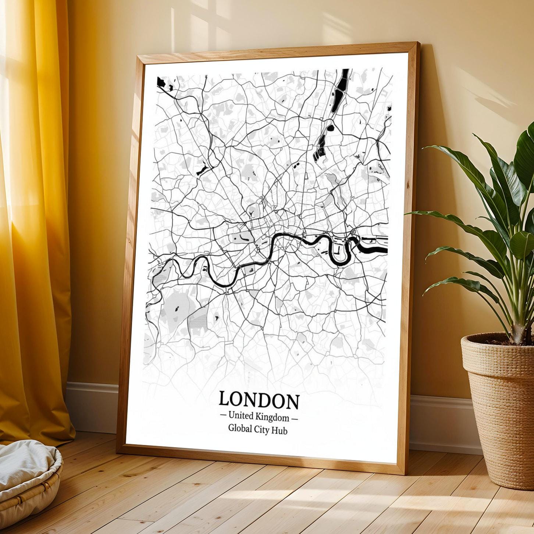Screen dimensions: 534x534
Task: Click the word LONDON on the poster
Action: (259, 400)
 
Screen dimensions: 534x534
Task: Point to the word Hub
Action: (279, 430)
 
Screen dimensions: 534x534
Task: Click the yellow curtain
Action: (33, 221)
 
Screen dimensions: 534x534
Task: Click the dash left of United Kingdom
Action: (223, 416)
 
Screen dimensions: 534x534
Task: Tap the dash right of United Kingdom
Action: (294, 419)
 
